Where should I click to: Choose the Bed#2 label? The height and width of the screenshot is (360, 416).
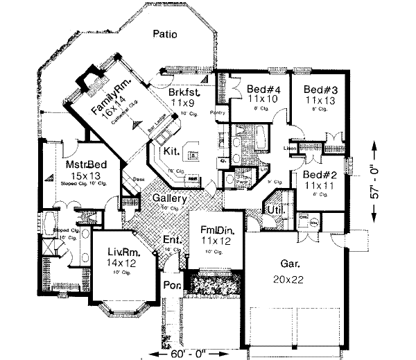click(316, 175)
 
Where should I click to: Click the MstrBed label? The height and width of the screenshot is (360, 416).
click(85, 165)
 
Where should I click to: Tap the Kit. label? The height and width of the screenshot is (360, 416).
click(172, 151)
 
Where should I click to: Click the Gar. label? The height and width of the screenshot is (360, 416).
click(290, 264)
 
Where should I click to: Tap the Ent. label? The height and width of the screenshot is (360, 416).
click(172, 241)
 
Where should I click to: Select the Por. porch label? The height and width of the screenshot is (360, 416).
click(171, 284)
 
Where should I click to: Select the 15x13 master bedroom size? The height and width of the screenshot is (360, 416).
click(85, 175)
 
